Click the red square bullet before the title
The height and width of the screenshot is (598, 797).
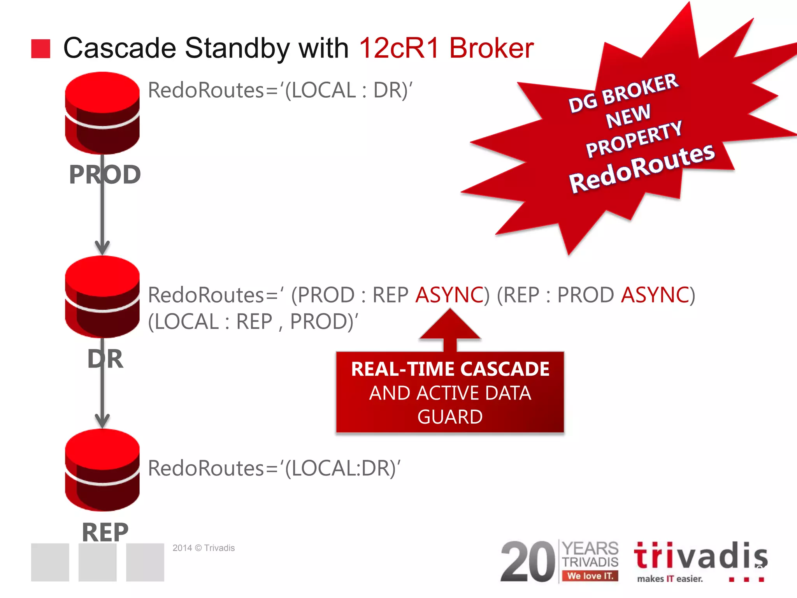coord(40,49)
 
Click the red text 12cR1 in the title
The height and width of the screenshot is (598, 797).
coord(399,48)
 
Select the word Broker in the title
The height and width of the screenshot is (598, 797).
coord(492,48)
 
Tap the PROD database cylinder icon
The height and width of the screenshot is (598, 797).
coord(102,113)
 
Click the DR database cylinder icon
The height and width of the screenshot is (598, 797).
coord(102,297)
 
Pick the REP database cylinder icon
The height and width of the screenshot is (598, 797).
coord(102,470)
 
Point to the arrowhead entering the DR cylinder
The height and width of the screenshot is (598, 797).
coord(102,248)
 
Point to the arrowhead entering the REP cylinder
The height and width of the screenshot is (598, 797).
coord(102,421)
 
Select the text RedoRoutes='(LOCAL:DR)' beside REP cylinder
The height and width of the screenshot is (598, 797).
coord(274,468)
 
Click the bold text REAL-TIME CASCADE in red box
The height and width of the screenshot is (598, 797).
coord(450,369)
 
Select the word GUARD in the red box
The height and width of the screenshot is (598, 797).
coord(450,417)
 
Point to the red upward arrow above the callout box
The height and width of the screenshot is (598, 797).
coord(450,327)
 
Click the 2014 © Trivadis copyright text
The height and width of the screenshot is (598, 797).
coord(204,548)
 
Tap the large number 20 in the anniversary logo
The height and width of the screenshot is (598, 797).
coord(528,561)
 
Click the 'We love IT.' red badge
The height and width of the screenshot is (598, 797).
coord(590,576)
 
